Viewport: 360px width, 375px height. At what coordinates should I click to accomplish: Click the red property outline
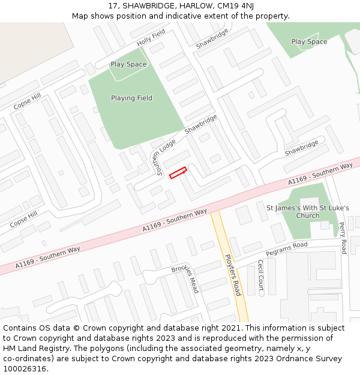click(178, 173)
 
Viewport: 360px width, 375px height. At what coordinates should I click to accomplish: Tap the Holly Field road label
click(151, 38)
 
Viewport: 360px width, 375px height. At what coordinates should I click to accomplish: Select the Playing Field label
click(131, 98)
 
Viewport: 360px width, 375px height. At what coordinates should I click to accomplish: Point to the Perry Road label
click(343, 238)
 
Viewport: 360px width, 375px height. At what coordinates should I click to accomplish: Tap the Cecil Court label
click(260, 274)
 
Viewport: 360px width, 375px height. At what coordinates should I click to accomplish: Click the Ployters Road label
click(232, 275)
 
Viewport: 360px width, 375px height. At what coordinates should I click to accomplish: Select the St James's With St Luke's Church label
click(308, 212)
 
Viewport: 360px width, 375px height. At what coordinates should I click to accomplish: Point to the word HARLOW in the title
click(187, 5)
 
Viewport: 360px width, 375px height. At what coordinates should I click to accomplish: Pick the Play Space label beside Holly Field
click(128, 64)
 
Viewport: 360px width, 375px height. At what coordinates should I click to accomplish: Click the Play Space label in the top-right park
click(309, 42)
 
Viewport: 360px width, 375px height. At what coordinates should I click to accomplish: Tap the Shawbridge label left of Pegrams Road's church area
click(301, 148)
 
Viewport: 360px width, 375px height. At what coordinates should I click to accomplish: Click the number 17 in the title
click(113, 5)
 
